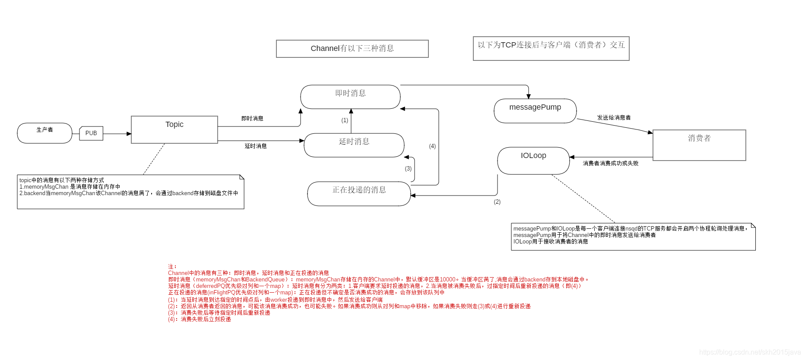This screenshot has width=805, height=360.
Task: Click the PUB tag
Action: [x=91, y=133]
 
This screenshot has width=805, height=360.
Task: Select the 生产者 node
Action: [x=44, y=133]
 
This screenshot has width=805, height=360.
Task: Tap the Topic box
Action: [x=174, y=129]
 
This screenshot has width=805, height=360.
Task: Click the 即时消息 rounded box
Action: [x=350, y=97]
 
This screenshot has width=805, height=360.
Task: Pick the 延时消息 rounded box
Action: [x=354, y=145]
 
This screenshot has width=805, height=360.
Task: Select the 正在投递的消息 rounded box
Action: [x=359, y=193]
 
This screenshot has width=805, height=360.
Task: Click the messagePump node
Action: [x=535, y=111]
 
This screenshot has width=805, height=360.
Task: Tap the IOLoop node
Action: [x=533, y=161]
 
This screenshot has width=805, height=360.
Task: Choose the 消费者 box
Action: [x=699, y=145]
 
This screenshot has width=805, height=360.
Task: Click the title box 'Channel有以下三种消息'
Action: [x=352, y=49]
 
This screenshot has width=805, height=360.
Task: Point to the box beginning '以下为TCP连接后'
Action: [x=551, y=48]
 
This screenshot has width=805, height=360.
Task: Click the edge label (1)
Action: [x=345, y=120]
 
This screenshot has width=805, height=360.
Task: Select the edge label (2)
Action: [x=497, y=202]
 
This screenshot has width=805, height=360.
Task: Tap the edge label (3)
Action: [x=408, y=168]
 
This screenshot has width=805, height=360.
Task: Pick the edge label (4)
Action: [x=432, y=146]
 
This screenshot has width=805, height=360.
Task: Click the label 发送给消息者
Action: [x=614, y=117]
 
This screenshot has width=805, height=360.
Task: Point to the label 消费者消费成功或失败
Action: [x=610, y=163]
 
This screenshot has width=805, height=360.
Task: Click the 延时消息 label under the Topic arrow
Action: [x=256, y=146]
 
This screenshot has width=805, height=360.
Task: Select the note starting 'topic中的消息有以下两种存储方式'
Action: [x=130, y=192]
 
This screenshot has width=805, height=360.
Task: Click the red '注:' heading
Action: [x=172, y=267]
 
